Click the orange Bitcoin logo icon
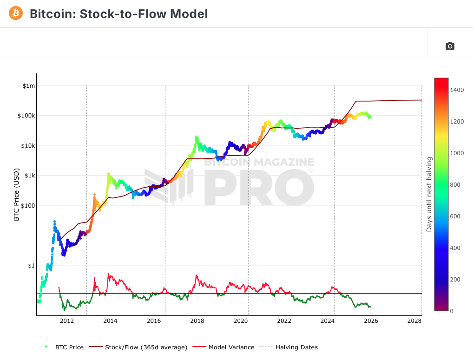point(16,13)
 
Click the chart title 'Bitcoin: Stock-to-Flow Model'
point(118,14)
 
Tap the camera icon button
point(450,46)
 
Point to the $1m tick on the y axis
point(29,86)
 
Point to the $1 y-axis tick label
point(31,266)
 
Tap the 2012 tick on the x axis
point(67,321)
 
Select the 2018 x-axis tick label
point(197,321)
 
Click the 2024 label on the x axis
point(328,321)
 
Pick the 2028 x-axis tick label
point(414,321)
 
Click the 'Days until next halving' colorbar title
point(429,194)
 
